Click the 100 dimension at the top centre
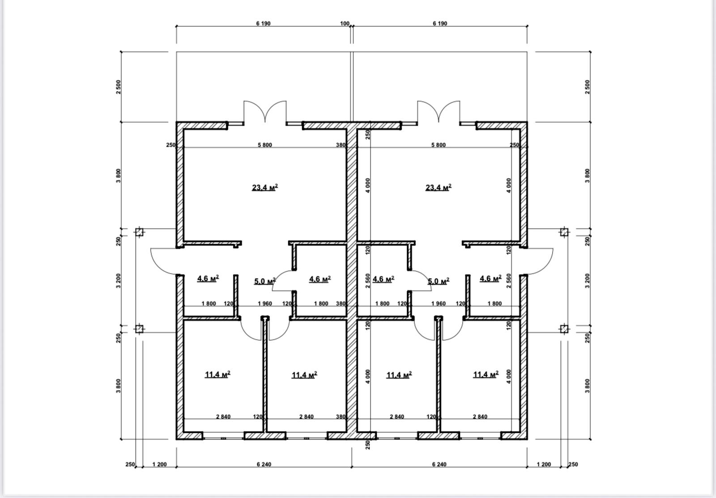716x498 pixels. coord(345,23)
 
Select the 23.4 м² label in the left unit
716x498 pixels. coord(264,187)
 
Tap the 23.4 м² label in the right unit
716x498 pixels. coord(438,187)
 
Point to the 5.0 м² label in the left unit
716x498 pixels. coord(264,281)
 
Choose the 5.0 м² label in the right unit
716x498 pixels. coord(438,281)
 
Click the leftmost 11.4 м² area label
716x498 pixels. coord(217,374)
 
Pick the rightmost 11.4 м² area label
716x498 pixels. coord(486,374)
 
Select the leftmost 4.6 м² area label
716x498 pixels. coord(208,279)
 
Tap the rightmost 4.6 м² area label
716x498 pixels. coord(490,279)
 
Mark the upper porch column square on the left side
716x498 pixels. coord(139,232)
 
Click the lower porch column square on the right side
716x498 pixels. coord(564,329)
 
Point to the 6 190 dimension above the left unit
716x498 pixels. coord(264,23)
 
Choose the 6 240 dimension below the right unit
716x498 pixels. coord(439,464)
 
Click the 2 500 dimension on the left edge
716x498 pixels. coord(119,87)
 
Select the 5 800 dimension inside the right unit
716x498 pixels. coord(438,145)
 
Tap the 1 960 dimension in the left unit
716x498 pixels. coord(264,304)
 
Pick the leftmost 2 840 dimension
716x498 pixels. coord(223,417)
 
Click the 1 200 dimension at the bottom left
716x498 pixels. coord(159,464)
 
